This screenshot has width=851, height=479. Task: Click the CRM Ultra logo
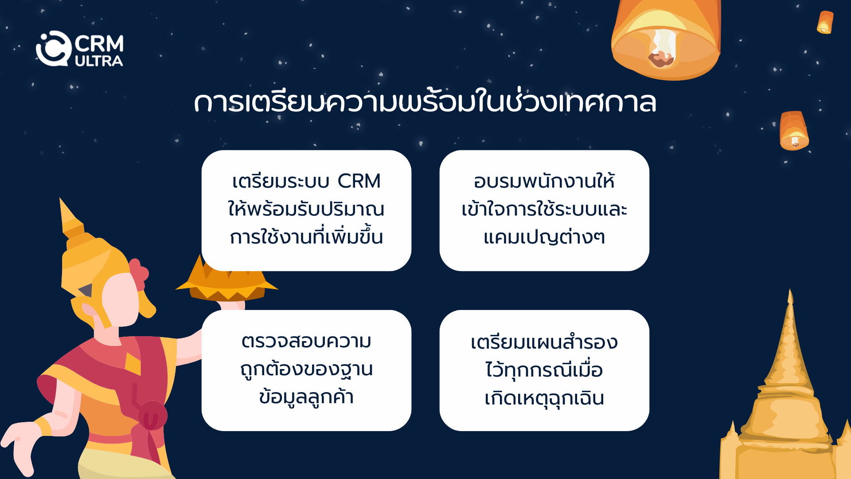pos(79,49)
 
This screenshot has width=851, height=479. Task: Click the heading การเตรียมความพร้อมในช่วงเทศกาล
pos(425,102)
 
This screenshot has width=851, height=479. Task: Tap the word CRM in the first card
pos(359,181)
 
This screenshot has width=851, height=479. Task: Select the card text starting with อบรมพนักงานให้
pos(544,209)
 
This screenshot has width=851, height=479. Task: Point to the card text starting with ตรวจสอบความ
pos(306,369)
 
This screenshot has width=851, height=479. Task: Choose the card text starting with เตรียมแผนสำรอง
pos(544,370)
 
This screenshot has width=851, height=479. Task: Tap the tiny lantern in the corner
pos(825,22)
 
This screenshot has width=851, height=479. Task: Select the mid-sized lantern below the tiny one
pos(794,131)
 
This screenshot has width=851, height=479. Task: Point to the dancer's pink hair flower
pos(139,274)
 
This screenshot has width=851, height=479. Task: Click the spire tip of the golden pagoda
pos(790,291)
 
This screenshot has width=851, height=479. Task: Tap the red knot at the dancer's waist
pos(152,416)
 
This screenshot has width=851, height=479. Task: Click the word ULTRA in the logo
pos(99,61)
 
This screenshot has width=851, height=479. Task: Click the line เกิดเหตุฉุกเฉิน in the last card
pos(544,398)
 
